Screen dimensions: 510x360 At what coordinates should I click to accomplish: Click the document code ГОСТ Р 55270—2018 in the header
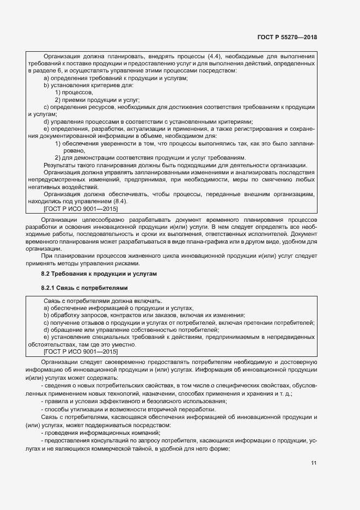coord(286,38)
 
